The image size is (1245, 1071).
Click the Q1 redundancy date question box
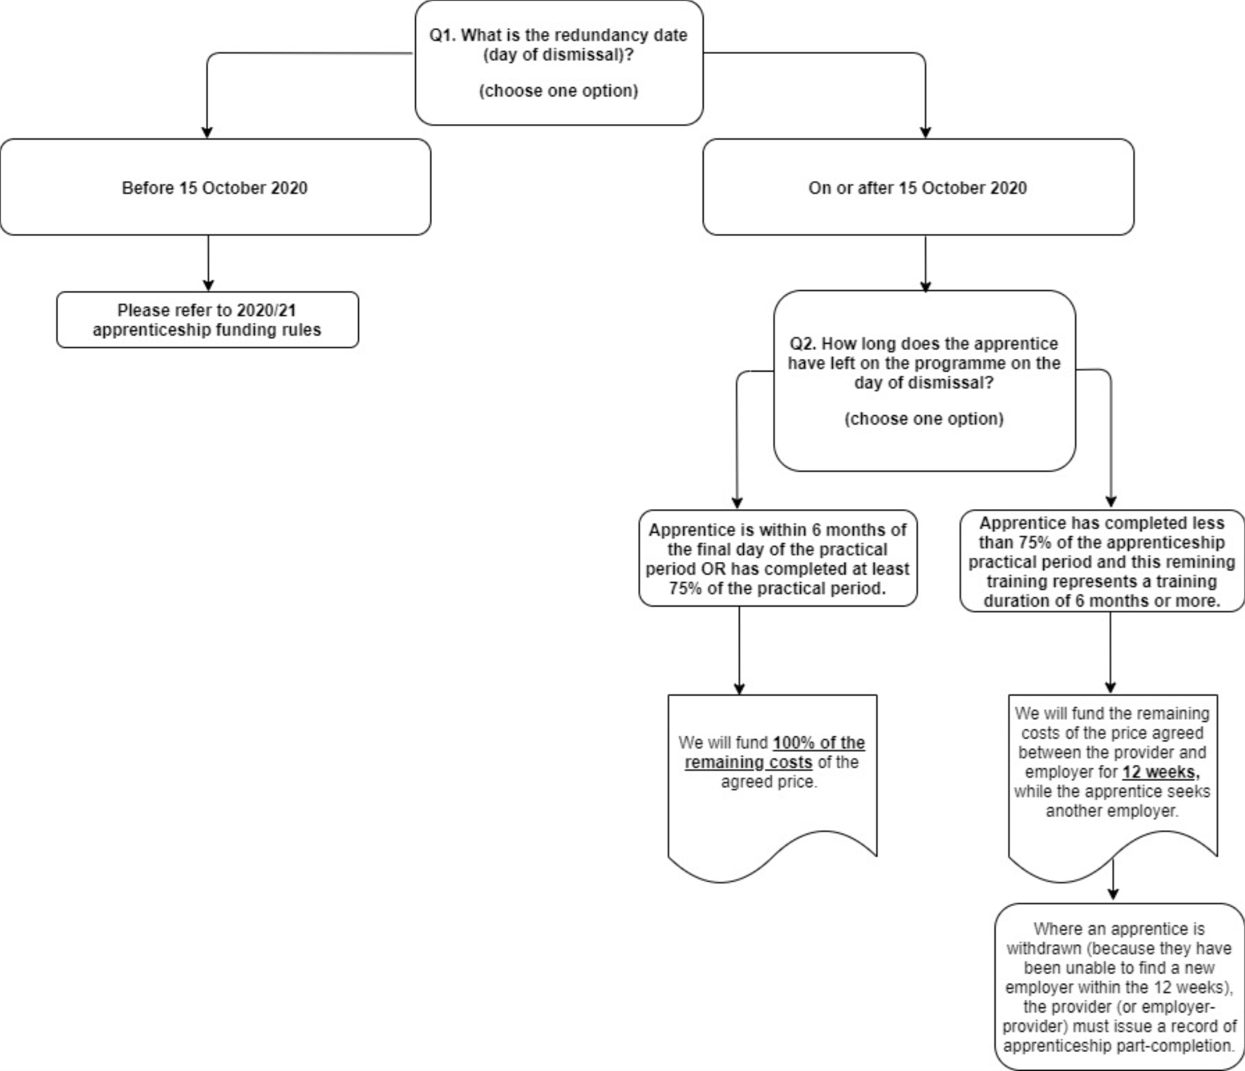559,62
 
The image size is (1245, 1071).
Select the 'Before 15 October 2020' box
215,187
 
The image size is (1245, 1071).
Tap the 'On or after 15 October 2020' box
918,187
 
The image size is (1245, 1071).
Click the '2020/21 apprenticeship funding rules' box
207,320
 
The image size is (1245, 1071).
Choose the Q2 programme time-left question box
924,380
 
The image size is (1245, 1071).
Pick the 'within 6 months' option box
778,558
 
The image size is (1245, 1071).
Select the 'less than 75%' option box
1101,561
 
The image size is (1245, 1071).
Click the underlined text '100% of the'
819,743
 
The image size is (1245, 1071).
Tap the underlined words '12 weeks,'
1160,772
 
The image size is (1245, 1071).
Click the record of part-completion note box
1119,987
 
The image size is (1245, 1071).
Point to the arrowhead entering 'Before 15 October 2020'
206,132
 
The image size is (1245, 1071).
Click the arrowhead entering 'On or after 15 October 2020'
925,132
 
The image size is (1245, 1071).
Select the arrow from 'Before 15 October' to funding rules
209,263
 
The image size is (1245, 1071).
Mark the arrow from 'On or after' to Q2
925,263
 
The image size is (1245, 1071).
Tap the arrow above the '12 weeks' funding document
1110,653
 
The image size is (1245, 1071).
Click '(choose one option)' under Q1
558,91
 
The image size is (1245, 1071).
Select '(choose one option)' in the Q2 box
924,419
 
